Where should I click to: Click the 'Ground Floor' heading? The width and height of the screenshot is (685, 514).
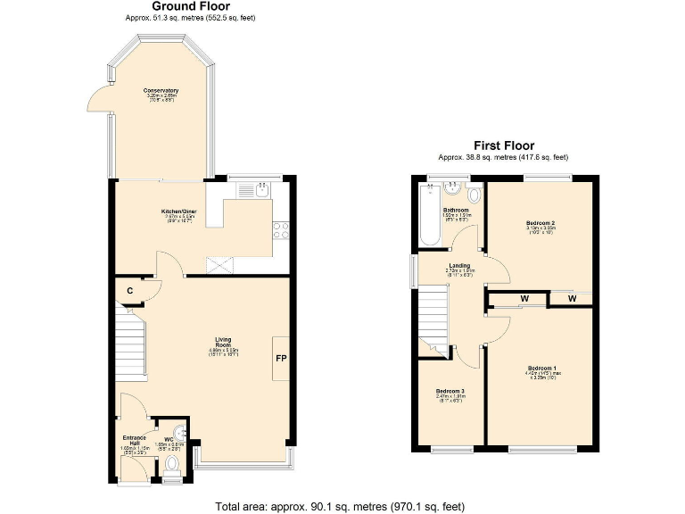point(192,6)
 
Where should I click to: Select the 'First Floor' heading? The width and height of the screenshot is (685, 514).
point(503,145)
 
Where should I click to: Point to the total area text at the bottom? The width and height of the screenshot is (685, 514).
point(340,506)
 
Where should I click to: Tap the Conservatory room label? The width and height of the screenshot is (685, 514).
point(161,91)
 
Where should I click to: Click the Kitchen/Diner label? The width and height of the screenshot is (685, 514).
point(178,211)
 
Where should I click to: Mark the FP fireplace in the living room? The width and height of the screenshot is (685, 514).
point(280,360)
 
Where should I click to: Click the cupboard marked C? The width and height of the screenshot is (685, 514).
point(130,290)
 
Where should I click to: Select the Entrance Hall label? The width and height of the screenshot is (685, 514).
point(133,438)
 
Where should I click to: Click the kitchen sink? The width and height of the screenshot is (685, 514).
point(262,189)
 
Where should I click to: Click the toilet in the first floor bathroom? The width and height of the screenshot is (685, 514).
point(475,195)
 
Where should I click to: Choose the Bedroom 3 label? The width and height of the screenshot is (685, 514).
point(450,392)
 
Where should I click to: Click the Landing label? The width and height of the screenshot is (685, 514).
point(459,265)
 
